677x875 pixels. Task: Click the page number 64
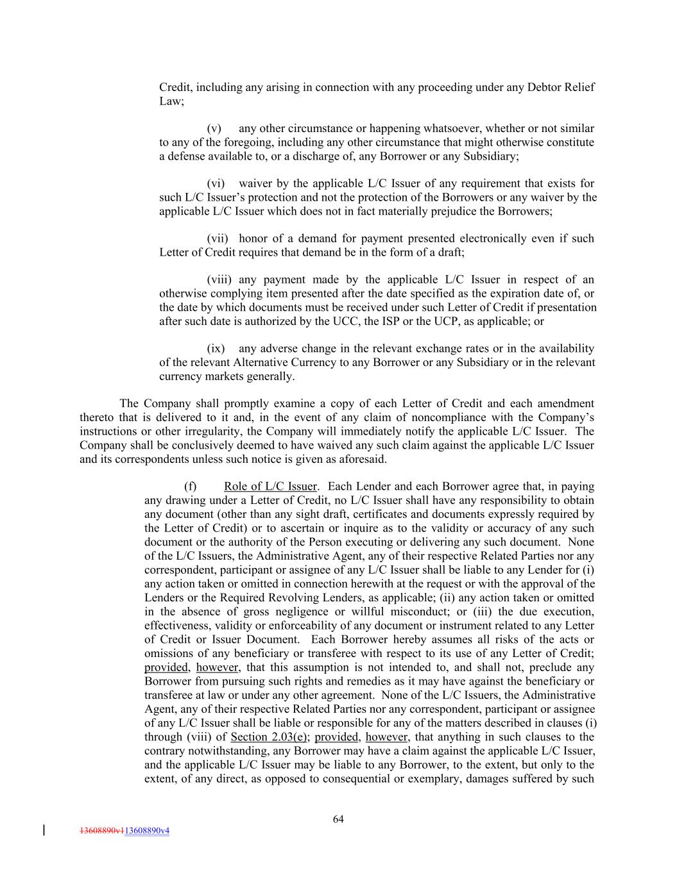click(338, 819)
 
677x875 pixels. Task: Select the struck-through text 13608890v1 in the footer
click(101, 831)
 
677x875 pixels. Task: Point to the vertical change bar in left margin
click(43, 830)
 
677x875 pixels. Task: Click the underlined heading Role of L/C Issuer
click(270, 487)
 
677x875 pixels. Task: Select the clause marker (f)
click(191, 487)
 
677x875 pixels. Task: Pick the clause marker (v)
click(214, 128)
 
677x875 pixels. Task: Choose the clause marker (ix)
click(216, 349)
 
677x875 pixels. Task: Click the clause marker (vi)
click(216, 184)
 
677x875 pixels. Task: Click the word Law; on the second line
click(171, 101)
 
